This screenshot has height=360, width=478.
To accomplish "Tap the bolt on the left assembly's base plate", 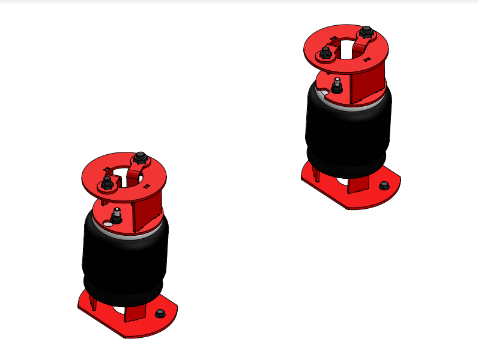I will coord(160,313).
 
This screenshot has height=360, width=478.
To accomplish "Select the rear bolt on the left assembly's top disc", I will coord(142,158).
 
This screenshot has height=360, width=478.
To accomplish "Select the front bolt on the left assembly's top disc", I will coord(107,183).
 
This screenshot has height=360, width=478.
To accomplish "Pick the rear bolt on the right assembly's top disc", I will coord(365,32).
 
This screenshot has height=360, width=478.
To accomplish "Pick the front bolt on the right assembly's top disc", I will coord(325,54).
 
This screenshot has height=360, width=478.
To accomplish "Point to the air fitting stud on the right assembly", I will coord(337,86).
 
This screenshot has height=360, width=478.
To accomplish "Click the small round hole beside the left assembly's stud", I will coord(107,224).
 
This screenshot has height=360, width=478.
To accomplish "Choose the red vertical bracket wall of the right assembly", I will coord(368,84).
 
